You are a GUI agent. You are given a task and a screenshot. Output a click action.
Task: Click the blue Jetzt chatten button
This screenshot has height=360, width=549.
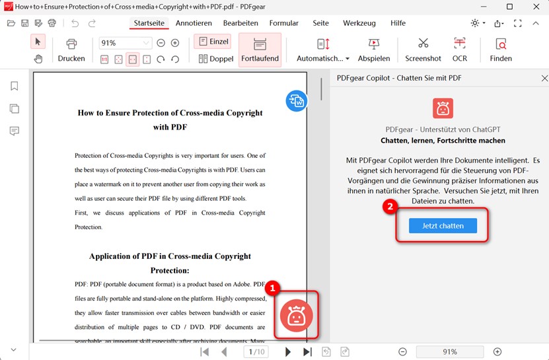tap(442, 225)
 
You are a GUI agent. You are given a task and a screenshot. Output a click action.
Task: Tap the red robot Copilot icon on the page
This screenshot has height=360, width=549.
tap(297, 316)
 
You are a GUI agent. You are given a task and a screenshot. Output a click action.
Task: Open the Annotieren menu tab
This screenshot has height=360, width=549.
tap(194, 23)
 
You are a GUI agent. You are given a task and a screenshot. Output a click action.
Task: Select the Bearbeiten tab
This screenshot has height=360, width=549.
tap(240, 23)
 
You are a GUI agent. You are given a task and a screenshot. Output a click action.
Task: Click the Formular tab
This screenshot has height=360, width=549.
tap(284, 23)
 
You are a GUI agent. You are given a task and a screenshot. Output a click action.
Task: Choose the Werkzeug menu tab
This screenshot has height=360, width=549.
tap(359, 23)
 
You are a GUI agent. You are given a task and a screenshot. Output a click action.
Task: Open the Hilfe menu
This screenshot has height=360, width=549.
tap(398, 23)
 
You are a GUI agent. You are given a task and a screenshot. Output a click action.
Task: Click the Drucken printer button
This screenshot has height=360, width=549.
tap(71, 50)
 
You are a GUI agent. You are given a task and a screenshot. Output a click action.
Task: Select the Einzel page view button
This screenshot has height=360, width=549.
tap(212, 42)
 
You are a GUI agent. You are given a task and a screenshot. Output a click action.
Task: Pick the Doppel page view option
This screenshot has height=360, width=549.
tap(215, 59)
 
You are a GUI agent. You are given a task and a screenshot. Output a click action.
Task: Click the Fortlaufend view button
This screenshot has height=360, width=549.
tap(260, 50)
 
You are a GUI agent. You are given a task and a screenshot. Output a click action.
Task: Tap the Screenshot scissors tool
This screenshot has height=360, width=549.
tap(423, 50)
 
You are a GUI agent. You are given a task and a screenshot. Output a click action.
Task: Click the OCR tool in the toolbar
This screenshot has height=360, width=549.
tap(460, 50)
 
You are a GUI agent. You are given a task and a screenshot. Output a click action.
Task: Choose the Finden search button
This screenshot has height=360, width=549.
tap(501, 50)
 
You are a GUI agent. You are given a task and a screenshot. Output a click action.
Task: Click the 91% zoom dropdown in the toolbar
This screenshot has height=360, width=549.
tap(125, 43)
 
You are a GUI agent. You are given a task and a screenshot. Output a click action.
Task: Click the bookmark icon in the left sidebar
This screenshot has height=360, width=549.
tap(15, 87)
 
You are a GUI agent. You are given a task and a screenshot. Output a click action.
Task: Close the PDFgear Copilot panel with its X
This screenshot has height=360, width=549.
tap(544, 78)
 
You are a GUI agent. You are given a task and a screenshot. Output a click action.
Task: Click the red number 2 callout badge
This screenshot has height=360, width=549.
tap(390, 207)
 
